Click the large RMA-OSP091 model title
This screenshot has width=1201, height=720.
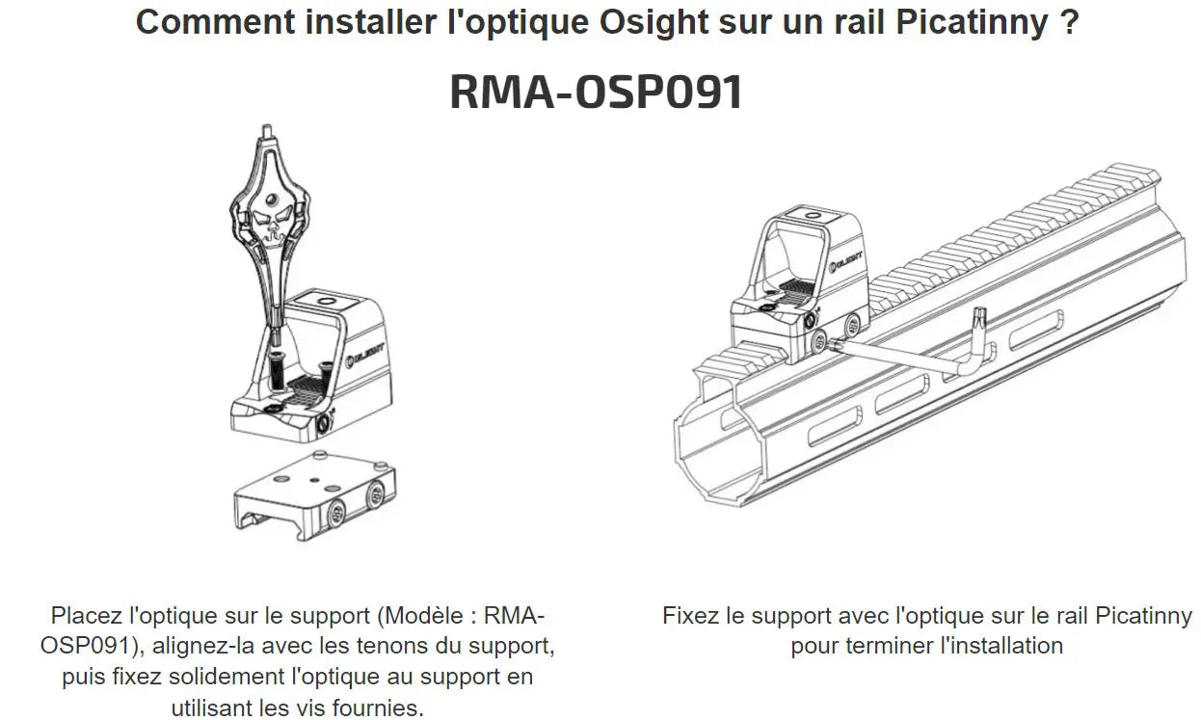click(597, 92)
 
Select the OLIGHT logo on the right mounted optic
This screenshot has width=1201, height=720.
click(848, 259)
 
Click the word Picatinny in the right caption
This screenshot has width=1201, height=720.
click(1143, 615)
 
